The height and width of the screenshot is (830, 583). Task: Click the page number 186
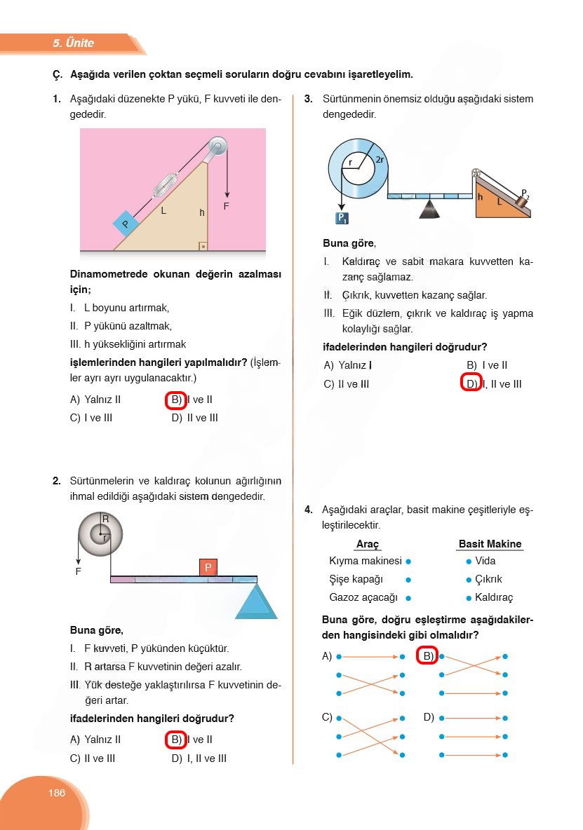pyautogui.click(x=57, y=793)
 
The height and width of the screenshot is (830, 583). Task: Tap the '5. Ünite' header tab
pyautogui.click(x=73, y=43)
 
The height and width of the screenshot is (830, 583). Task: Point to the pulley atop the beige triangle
pyautogui.click(x=217, y=146)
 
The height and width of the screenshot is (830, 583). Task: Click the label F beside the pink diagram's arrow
pyautogui.click(x=226, y=206)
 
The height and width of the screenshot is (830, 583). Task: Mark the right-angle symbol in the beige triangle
pyautogui.click(x=202, y=246)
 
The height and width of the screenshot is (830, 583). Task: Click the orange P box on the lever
pyautogui.click(x=208, y=567)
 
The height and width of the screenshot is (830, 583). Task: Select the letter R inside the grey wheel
pyautogui.click(x=105, y=519)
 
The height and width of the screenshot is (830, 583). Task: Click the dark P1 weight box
pyautogui.click(x=342, y=218)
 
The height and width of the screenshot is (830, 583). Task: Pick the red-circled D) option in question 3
pyautogui.click(x=469, y=383)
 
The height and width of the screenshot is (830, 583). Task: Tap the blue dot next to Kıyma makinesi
pyautogui.click(x=408, y=562)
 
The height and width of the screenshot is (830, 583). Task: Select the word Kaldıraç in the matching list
pyautogui.click(x=494, y=597)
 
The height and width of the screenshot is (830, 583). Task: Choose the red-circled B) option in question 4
pyautogui.click(x=427, y=656)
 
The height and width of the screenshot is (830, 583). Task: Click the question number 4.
pyautogui.click(x=308, y=510)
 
